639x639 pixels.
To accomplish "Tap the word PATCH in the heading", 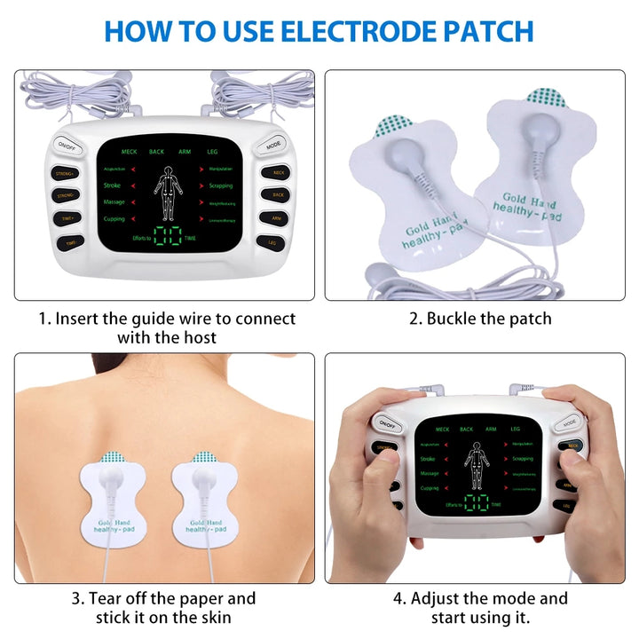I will (483, 31).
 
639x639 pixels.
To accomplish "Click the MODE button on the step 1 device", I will (273, 144).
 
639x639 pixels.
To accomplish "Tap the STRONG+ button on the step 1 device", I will (65, 173).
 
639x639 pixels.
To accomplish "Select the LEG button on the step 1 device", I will (270, 241).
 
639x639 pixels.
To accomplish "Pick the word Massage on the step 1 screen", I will (114, 203).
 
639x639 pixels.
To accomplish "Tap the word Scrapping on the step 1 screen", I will (221, 185).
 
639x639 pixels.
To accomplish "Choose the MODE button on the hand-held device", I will (570, 424).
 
